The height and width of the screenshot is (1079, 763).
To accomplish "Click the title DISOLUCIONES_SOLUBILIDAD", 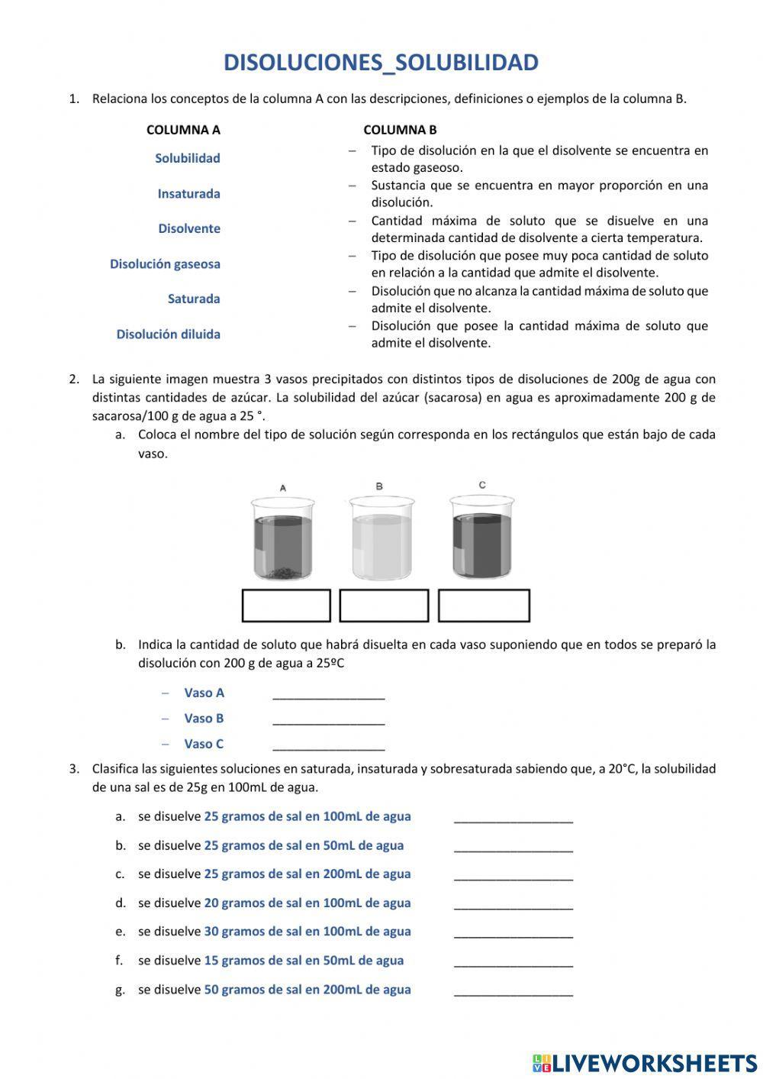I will [381, 63].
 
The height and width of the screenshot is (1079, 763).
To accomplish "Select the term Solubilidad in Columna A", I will [187, 158].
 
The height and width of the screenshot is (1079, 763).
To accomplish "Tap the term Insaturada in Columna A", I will [188, 193].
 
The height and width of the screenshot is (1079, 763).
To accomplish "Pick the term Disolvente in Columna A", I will [189, 228].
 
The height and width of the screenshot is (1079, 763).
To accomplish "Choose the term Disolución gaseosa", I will [165, 263].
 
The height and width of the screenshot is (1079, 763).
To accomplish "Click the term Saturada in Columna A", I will [194, 299].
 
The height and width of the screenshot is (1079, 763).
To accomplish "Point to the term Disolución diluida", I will [168, 334].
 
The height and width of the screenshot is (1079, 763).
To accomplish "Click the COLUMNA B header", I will [400, 130].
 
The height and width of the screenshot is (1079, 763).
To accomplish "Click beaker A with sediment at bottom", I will [282, 538].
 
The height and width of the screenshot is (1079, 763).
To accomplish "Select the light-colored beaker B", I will [381, 538].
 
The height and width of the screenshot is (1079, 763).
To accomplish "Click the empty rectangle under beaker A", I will [286, 606].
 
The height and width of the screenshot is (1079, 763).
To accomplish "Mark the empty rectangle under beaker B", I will [384, 606].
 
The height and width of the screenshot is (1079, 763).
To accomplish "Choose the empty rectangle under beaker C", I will [484, 606].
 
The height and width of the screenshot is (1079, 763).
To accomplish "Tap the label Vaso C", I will [204, 744].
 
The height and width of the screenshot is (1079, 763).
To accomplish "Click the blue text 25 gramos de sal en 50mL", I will [304, 845].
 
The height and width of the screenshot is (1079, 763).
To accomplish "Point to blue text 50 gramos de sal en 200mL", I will [307, 989].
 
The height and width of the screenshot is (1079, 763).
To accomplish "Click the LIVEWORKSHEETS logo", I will [645, 1062].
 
